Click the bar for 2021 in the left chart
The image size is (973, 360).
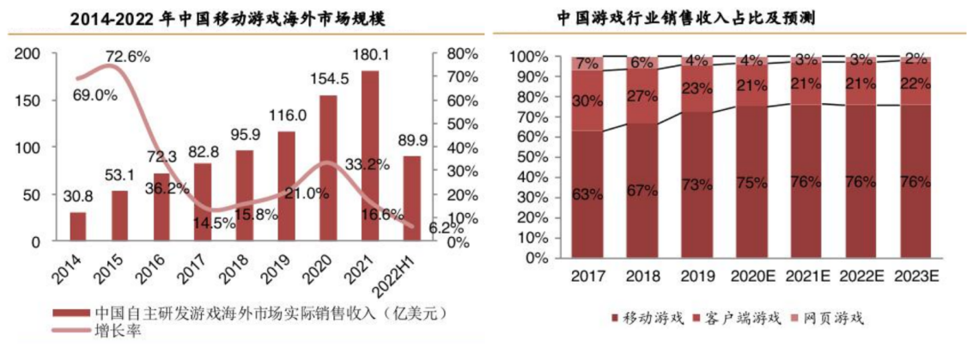click(369, 156)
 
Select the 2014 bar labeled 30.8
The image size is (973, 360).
click(78, 227)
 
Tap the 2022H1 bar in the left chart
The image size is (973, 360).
click(411, 198)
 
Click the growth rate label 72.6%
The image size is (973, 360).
click(127, 58)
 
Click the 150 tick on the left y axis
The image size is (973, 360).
click(28, 101)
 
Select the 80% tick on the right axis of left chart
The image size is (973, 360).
click(461, 53)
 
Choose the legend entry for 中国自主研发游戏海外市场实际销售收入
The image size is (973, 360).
click(249, 313)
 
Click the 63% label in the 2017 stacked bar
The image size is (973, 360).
click(588, 194)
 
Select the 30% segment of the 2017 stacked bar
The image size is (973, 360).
click(588, 101)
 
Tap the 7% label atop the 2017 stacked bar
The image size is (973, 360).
click(588, 64)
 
